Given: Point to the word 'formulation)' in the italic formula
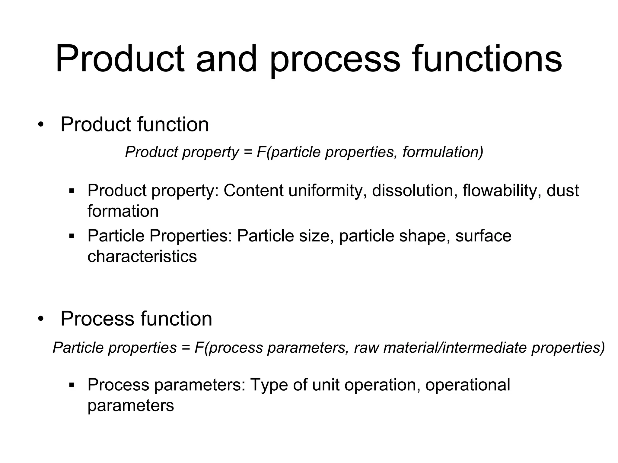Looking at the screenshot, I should coord(443,152).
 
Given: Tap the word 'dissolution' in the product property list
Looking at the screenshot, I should coord(412,191).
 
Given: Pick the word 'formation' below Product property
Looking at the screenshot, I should coord(123,211).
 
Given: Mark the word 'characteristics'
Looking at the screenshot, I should coord(142,257).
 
